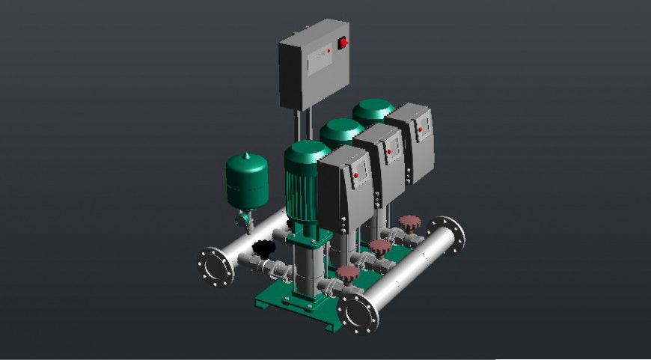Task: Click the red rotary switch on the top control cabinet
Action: [343, 43]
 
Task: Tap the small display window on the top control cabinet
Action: [320, 55]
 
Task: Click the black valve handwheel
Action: [263, 247]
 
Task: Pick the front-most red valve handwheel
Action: [346, 273]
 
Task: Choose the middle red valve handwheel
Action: [381, 246]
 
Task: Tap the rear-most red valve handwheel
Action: [409, 222]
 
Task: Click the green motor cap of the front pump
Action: [305, 154]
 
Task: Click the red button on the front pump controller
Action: [355, 176]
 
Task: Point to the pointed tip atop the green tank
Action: [246, 154]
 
